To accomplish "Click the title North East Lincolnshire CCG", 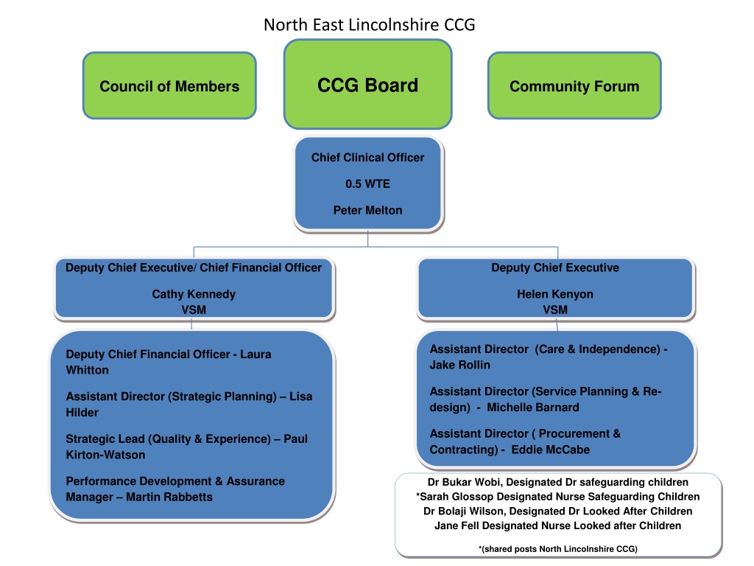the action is point(370,24).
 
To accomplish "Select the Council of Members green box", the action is point(169,85).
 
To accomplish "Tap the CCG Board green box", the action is point(368,84).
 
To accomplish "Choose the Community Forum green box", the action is point(574,85).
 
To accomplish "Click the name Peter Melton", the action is point(368,210).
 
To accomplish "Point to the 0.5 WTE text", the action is point(368,184).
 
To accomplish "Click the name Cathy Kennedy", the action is point(194,294).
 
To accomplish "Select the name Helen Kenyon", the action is point(555,294).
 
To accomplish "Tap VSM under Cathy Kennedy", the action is point(194,310).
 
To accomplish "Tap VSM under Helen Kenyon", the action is point(555,310).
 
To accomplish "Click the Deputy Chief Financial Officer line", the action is point(169,362).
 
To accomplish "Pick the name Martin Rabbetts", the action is point(169,497).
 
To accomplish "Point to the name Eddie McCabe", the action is point(551,450).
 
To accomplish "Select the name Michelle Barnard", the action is point(533,407).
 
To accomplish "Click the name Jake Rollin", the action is point(460,365).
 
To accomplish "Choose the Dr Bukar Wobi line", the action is point(558,482).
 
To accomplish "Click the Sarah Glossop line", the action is point(558,497).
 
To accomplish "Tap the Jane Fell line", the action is point(558,525).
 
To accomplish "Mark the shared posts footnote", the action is point(558,549).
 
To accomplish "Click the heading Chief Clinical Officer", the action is point(368,158).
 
